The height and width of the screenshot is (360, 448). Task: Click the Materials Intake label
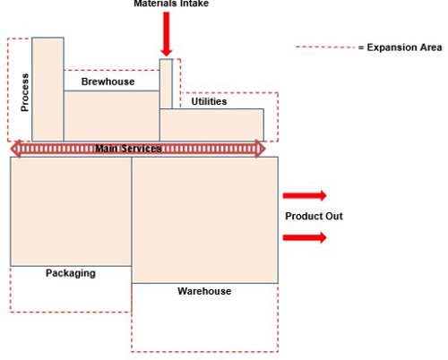coord(171,4)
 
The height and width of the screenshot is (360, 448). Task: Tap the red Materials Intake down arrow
coord(167,34)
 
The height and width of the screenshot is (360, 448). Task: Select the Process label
coord(25,92)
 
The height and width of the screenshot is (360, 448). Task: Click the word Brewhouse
coord(108,81)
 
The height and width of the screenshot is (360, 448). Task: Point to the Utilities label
coord(209,101)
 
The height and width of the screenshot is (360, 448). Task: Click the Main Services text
coord(128,149)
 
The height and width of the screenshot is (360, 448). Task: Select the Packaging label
coord(71,273)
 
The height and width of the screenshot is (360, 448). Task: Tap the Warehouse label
coord(204,291)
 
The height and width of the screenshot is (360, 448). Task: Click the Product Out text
coord(314,216)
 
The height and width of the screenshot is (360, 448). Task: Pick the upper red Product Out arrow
coord(305,195)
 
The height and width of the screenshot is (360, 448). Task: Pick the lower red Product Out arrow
coord(305,237)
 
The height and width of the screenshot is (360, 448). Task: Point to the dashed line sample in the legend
coord(325,47)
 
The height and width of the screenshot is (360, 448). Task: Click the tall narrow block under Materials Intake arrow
coord(166,84)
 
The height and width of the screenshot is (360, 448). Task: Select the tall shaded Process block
coord(47,90)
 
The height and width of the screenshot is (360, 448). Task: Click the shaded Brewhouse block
coord(112,116)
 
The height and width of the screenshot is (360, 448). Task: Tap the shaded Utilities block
coord(211,125)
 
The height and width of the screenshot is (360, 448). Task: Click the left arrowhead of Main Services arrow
coord(16,149)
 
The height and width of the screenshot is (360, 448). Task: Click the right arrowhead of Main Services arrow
coord(260,149)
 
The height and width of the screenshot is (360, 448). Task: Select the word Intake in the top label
coord(193,4)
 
